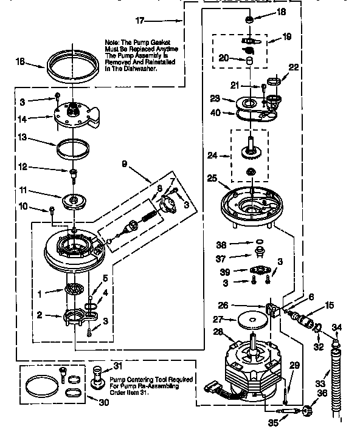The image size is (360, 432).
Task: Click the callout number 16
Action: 20,61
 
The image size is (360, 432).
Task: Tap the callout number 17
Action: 140,21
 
